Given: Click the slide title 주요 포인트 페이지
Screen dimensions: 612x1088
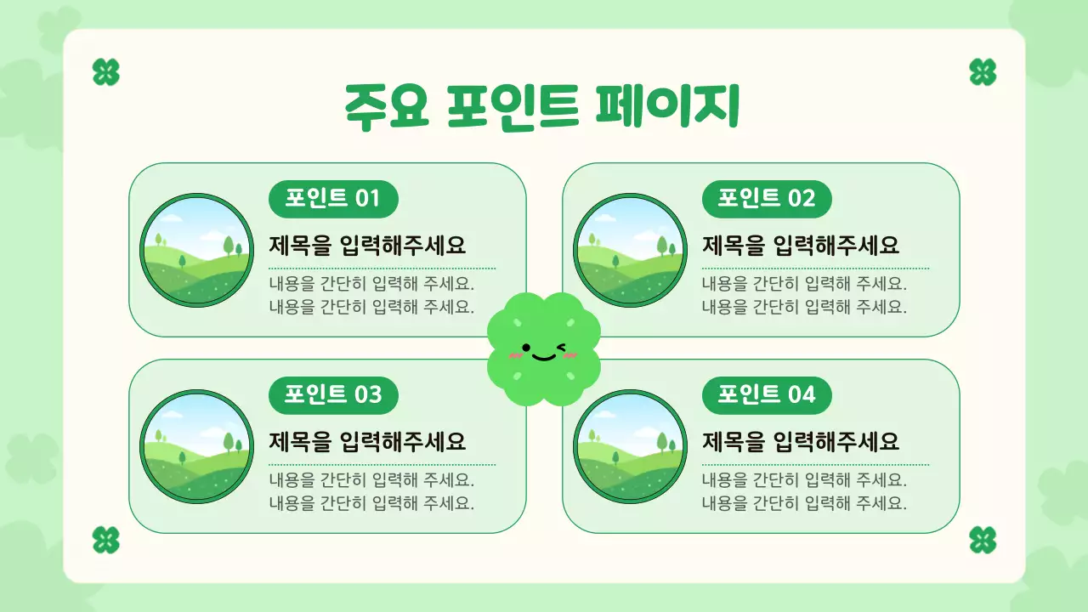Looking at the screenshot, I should point(541,107).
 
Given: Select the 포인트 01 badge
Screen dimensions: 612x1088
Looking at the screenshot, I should point(333,199).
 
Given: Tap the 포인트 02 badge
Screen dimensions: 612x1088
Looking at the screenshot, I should point(767,199).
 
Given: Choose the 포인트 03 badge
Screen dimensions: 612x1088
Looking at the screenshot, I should point(333,395).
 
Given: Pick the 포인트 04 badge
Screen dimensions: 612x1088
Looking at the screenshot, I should point(767,395).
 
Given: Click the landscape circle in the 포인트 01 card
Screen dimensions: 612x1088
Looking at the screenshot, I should point(196,250).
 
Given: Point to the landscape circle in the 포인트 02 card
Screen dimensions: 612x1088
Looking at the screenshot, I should point(630,250).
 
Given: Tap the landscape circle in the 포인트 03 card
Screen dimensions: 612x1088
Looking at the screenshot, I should point(196,446).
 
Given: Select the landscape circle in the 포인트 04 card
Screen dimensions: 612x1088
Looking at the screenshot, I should point(630,446).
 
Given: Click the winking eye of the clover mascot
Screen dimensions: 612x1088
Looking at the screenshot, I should point(562,347).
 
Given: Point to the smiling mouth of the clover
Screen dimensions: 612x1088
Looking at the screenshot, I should point(544,355).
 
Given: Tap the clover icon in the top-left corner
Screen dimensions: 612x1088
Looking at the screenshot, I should point(105,72).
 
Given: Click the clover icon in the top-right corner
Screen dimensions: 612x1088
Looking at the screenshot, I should point(983,72).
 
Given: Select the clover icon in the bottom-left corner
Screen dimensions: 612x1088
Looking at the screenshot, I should point(105,540).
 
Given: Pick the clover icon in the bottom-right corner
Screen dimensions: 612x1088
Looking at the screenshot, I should point(983,540).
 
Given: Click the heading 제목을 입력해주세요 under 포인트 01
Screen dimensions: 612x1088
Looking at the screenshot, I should point(368,246).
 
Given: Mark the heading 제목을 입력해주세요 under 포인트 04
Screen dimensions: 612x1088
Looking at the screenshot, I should point(801,443).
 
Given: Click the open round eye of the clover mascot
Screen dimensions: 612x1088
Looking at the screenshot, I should point(526,347).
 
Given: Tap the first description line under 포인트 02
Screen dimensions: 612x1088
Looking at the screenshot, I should point(804,284).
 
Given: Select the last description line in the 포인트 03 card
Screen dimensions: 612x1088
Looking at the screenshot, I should point(371,503).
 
